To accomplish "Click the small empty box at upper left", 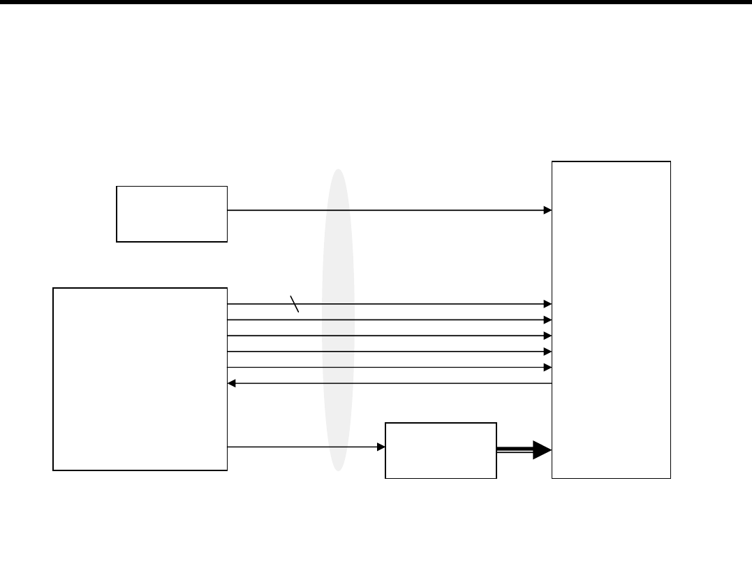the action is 172,214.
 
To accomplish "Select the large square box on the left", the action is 140,378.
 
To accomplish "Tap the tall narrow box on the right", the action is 611,319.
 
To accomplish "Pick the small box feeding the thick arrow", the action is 441,450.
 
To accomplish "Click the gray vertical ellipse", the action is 338,319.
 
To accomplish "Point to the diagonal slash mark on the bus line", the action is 295,304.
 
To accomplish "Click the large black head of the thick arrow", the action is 541,450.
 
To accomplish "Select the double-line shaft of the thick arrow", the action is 514,451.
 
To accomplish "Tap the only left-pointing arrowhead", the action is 233,383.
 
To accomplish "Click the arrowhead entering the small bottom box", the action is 381,447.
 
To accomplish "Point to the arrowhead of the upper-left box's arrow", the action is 548,210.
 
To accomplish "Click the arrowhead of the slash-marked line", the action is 548,304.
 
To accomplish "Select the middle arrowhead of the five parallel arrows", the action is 548,336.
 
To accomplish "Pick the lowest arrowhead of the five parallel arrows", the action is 548,367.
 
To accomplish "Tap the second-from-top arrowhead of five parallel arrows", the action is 548,319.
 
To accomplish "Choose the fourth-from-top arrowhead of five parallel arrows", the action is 548,351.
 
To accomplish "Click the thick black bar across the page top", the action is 376,2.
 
